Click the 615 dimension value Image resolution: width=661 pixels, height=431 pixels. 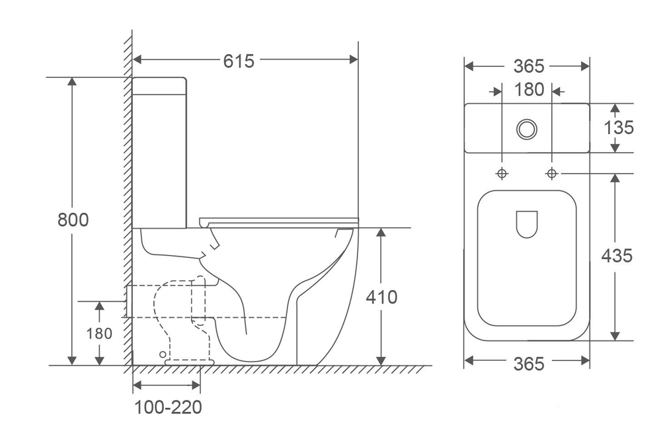[x=239, y=61]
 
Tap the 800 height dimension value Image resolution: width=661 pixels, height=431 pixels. [x=73, y=219]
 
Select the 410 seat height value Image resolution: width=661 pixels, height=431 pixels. [x=381, y=297]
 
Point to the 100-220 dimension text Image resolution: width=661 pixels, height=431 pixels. [x=168, y=407]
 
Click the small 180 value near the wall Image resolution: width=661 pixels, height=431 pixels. [x=99, y=334]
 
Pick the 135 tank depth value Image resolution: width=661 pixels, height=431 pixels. [x=619, y=128]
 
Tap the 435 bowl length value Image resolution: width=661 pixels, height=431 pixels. [x=617, y=256]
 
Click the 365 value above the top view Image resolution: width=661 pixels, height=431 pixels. [x=529, y=66]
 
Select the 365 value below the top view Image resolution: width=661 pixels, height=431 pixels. [x=529, y=364]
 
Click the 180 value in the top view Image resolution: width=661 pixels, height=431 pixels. [x=529, y=90]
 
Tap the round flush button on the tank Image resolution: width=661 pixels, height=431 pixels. [x=527, y=129]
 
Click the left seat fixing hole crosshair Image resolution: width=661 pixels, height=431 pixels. [x=502, y=173]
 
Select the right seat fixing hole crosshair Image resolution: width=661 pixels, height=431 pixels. [x=552, y=173]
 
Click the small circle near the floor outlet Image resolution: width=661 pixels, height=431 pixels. [x=163, y=354]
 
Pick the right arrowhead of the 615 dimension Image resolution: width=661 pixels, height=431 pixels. [x=354, y=59]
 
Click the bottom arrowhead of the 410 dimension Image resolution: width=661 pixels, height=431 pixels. [x=381, y=360]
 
